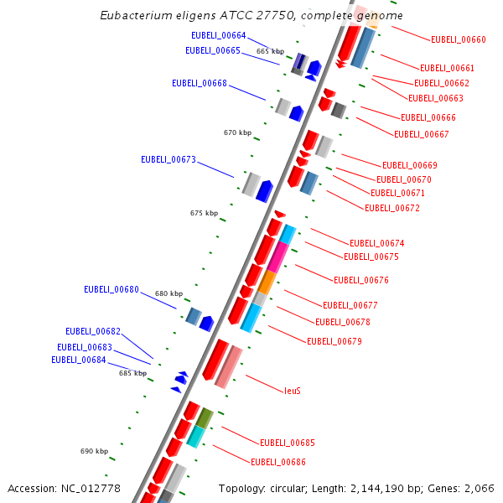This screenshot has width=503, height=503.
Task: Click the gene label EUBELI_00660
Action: point(458,39)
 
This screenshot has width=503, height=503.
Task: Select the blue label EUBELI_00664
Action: point(218,35)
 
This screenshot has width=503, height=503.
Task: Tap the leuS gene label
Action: point(292,391)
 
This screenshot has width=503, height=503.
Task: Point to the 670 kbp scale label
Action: point(237,132)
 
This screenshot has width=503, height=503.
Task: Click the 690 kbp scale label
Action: point(94,451)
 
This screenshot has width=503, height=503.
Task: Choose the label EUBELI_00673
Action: point(168,159)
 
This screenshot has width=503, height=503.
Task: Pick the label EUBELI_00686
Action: point(277,462)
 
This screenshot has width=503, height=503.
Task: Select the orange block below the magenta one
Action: point(267,282)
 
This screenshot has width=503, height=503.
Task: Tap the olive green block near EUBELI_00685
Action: point(205,417)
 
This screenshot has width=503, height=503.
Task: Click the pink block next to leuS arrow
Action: point(229,367)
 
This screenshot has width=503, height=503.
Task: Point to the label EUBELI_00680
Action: point(111,289)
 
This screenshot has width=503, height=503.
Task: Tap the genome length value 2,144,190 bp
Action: point(374,489)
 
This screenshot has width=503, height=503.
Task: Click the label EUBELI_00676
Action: point(360,280)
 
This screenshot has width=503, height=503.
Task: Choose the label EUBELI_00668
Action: point(199,83)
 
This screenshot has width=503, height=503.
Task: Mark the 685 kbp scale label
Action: point(132,373)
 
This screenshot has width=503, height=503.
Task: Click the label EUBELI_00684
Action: point(78,360)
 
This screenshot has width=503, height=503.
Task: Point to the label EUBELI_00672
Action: point(392,208)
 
